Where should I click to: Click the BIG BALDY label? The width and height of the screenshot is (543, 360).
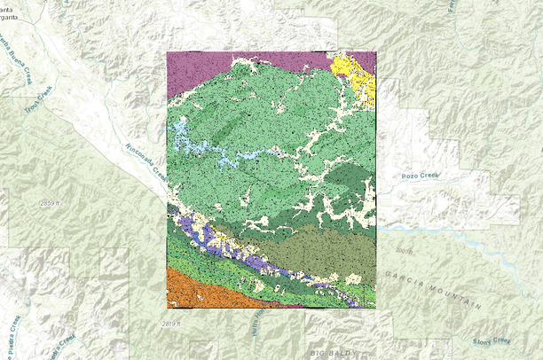click(331, 354)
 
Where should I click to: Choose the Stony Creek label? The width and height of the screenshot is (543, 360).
click(492, 340)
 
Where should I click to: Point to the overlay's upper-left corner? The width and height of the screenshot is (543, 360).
click(168, 52)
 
